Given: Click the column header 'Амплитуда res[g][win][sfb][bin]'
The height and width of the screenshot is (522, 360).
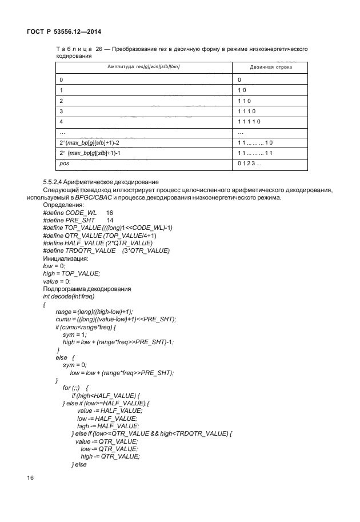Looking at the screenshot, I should tap(143, 67).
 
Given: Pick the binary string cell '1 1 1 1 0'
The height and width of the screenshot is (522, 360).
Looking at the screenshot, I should tap(250, 121).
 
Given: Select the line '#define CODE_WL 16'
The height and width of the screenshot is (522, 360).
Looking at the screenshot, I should tap(78, 212).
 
